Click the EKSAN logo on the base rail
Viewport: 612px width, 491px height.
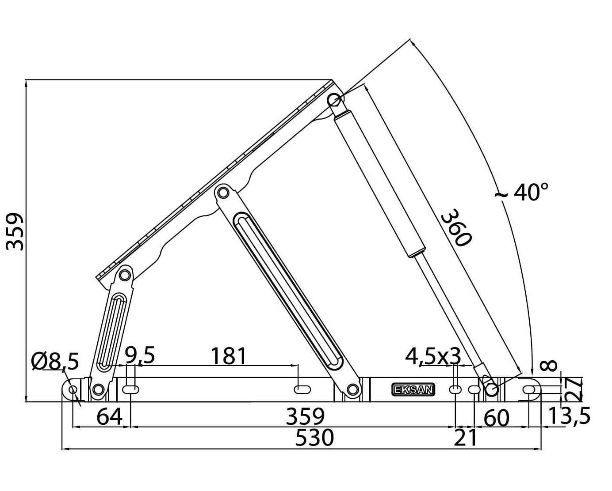(x=413, y=390)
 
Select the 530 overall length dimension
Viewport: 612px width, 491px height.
(x=314, y=438)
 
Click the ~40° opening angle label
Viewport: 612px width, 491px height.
(x=522, y=192)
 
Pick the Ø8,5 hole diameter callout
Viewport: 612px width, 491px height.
(x=55, y=362)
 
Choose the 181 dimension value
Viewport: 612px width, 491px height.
(x=228, y=356)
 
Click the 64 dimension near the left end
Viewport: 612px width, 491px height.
(x=109, y=416)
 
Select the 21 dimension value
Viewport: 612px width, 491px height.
(x=466, y=438)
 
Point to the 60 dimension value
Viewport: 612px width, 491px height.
(x=497, y=418)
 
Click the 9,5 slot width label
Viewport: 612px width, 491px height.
(x=139, y=355)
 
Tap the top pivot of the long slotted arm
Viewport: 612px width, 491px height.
(x=223, y=193)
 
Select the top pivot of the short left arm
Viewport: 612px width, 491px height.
(x=125, y=275)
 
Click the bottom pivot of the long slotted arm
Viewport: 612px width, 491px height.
(x=352, y=389)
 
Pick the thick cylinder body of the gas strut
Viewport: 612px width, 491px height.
(x=379, y=183)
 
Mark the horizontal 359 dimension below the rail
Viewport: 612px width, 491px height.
(x=305, y=416)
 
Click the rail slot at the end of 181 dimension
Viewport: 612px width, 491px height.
(x=302, y=389)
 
